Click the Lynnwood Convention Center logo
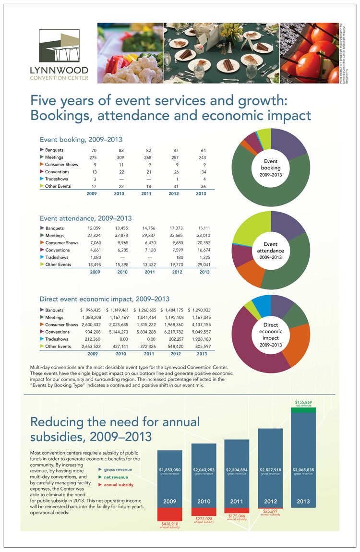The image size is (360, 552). point(59,54)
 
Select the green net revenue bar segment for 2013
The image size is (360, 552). point(303,410)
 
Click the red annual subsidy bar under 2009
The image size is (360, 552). point(169,514)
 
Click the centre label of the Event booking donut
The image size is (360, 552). point(271,168)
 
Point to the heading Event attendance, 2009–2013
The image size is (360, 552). point(85,218)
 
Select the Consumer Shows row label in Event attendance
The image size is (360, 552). point(61,243)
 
